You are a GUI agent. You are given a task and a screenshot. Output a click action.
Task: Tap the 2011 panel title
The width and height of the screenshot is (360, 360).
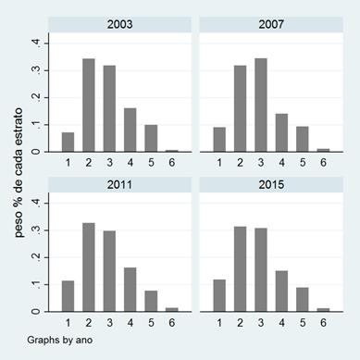[x=119, y=183]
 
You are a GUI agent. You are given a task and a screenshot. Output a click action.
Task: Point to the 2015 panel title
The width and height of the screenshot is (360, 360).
[x=273, y=183]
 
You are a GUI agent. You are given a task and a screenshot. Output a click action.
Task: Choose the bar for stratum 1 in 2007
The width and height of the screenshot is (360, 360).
[x=219, y=140]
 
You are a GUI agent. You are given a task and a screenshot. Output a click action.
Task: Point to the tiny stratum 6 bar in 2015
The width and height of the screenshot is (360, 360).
[x=324, y=310]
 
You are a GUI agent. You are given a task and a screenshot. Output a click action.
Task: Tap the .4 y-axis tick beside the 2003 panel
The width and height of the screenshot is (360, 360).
[x=36, y=43]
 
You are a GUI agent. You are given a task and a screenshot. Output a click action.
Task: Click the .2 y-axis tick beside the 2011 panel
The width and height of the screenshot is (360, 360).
[x=36, y=257]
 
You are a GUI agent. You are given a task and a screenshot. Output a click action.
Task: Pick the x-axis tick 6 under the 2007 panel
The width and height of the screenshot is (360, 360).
[x=324, y=163]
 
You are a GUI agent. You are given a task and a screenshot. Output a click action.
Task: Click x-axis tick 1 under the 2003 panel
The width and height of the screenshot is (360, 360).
[x=68, y=163]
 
